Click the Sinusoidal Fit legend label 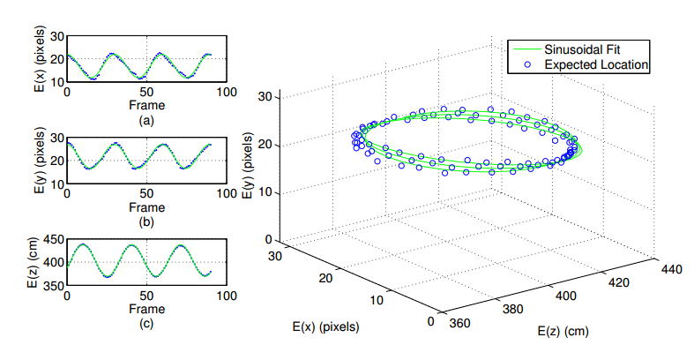(x=586, y=49)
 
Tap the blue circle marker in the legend (x=526, y=64)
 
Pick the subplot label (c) (x=146, y=323)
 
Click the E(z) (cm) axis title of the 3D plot (x=562, y=332)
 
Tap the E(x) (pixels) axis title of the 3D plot (x=325, y=326)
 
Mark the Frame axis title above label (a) (x=146, y=104)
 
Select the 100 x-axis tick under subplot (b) (x=226, y=196)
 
